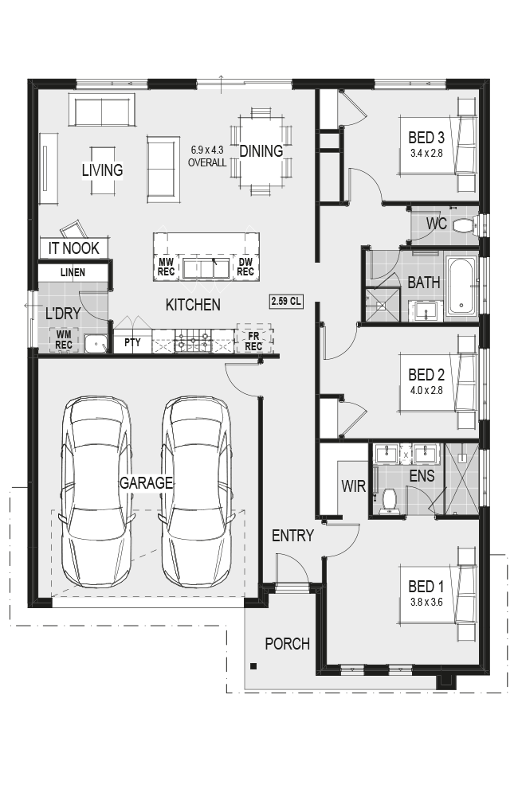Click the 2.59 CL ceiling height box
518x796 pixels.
tap(286, 301)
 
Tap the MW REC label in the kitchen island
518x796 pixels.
tap(166, 267)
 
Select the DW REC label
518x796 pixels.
tap(245, 267)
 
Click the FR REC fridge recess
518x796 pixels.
tap(254, 340)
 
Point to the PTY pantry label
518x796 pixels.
tap(132, 342)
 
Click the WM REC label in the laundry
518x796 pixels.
tap(64, 340)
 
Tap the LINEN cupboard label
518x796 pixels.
tap(73, 272)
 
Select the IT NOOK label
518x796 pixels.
tap(73, 248)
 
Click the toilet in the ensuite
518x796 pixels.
tap(390, 501)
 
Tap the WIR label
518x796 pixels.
tap(353, 486)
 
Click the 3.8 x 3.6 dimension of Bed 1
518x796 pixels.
tap(426, 602)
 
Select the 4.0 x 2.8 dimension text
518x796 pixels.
tap(426, 390)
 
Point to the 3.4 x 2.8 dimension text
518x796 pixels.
tap(426, 153)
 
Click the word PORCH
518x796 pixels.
tap(287, 644)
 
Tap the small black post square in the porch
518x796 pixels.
tap(253, 666)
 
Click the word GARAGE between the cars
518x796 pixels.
tap(146, 483)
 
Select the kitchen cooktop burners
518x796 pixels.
tap(193, 341)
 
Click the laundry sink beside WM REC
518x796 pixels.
tap(96, 344)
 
